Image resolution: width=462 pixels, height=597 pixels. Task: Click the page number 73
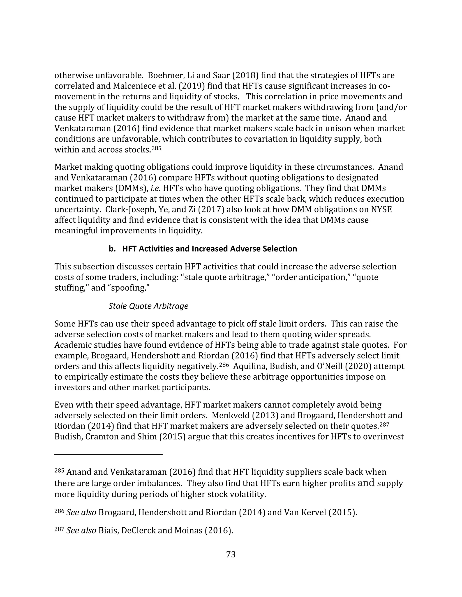[x=231, y=554]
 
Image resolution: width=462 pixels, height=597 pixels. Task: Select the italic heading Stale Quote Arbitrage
[x=148, y=306]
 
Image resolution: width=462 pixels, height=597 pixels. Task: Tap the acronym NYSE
[x=381, y=210]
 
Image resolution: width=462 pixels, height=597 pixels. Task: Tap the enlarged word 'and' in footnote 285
[x=366, y=483]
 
